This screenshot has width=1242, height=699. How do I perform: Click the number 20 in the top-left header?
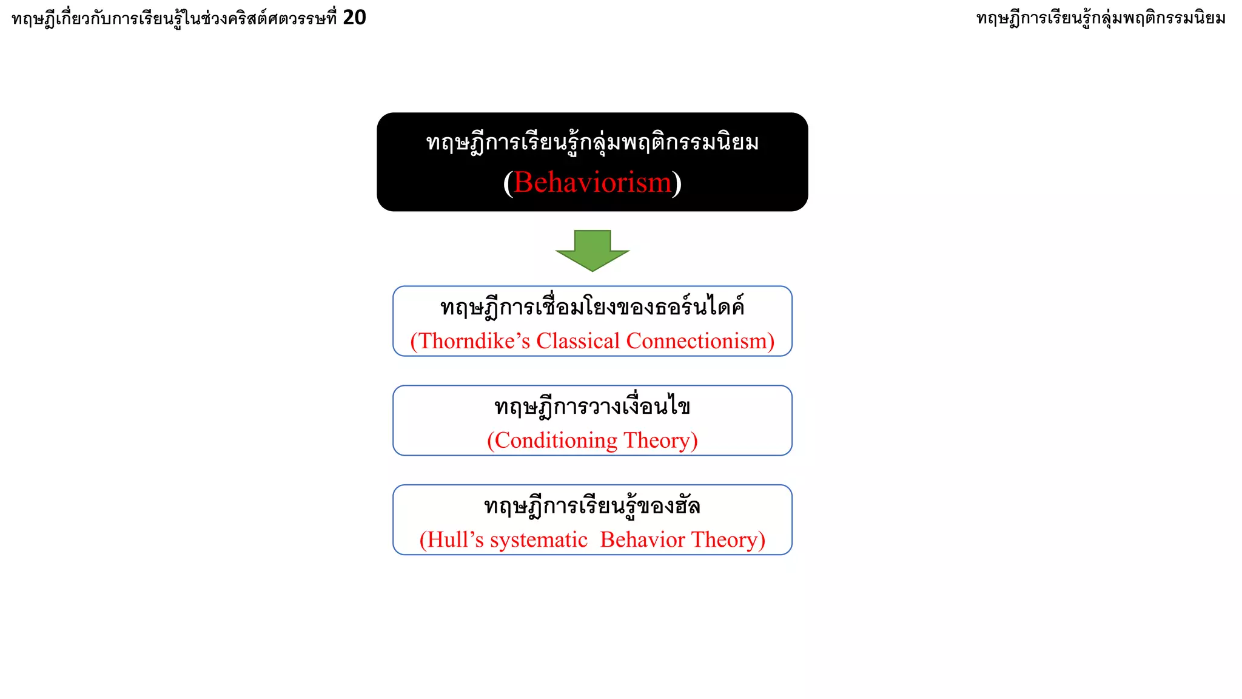[x=354, y=18]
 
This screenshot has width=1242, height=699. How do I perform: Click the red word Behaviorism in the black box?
[x=592, y=182]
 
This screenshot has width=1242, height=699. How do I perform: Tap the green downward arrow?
[x=592, y=250]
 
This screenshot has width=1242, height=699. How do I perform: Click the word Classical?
[x=578, y=341]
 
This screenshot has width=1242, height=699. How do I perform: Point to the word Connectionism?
[x=697, y=341]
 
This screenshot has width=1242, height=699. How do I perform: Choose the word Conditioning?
[x=556, y=441]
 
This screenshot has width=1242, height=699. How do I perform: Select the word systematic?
[x=539, y=540]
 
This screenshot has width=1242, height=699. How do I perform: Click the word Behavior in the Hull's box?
[x=642, y=540]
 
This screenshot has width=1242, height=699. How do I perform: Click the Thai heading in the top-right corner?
[x=1101, y=18]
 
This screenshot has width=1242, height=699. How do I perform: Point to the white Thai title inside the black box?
[x=592, y=143]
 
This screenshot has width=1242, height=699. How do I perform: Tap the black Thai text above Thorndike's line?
[x=592, y=307]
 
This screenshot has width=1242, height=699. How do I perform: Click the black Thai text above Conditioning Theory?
[x=592, y=407]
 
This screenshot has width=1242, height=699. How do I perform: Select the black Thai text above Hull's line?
[x=592, y=506]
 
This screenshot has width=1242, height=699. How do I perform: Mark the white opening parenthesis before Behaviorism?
[x=508, y=182]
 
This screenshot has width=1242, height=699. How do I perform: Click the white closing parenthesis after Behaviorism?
[x=677, y=182]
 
